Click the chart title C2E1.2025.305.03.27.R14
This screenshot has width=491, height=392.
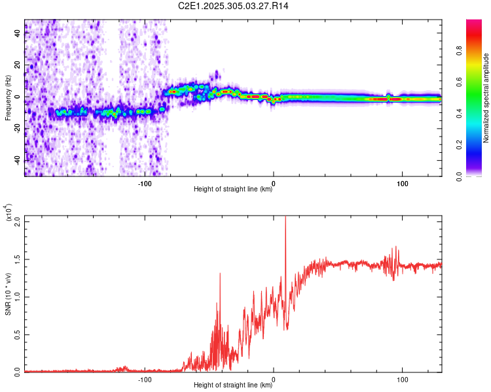pyautogui.click(x=234, y=6)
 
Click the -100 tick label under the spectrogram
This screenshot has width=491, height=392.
pyautogui.click(x=145, y=184)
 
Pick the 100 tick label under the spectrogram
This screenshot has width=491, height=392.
pyautogui.click(x=401, y=184)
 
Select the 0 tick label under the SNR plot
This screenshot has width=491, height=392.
pyautogui.click(x=274, y=379)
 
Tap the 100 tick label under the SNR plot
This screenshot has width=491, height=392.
pyautogui.click(x=401, y=379)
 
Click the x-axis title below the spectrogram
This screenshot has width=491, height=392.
pyautogui.click(x=233, y=189)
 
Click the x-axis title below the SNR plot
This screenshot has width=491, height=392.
pyautogui.click(x=233, y=385)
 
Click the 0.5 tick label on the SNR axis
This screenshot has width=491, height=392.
pyautogui.click(x=18, y=334)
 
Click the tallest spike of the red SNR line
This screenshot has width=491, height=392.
pyautogui.click(x=285, y=218)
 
